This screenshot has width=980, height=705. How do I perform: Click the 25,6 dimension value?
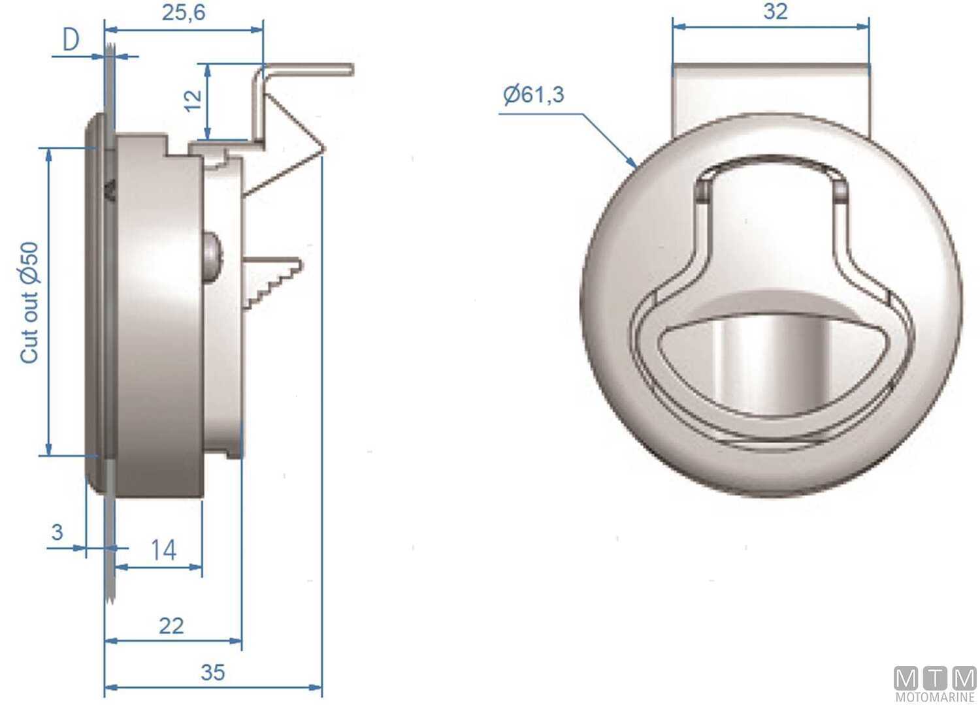[x=184, y=12]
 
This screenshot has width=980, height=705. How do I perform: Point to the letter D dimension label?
[x=71, y=40]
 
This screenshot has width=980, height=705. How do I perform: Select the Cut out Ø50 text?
[x=30, y=302]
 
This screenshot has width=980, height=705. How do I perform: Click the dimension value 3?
[x=57, y=532]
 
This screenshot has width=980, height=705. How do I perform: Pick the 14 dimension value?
[x=163, y=550]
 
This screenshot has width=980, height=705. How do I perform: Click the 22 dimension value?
[x=171, y=626]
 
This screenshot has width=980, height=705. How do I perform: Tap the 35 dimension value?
[x=212, y=672]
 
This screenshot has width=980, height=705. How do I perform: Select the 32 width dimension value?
[x=775, y=11]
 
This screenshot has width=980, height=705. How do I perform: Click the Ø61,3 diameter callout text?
[x=533, y=95]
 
